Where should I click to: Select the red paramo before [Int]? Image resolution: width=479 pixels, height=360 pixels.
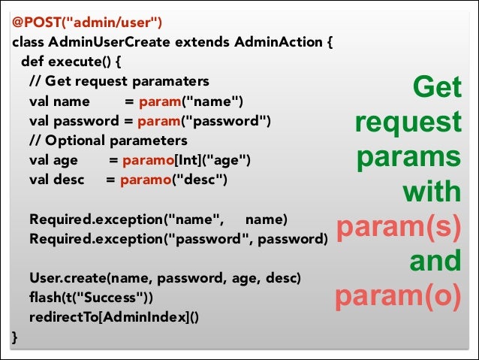point(144,160)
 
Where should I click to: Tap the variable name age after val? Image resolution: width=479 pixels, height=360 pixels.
point(65,160)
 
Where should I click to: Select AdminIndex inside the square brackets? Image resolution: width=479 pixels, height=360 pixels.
point(145,317)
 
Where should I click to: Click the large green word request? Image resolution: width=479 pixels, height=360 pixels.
point(408,123)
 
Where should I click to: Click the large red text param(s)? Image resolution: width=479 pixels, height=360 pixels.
point(398,227)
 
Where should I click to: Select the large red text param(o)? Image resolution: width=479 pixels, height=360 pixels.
point(398,296)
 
